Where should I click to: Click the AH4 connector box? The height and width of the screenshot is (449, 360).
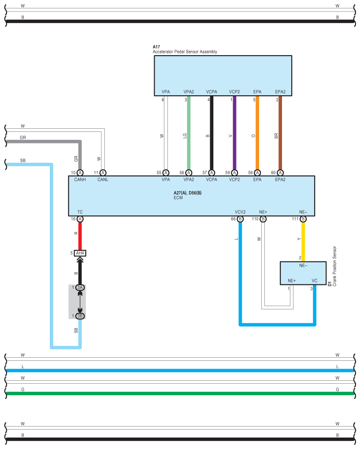pyautogui.click(x=80, y=253)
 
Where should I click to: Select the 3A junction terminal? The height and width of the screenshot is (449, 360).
pyautogui.click(x=80, y=288)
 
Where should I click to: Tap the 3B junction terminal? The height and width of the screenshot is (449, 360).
pyautogui.click(x=80, y=316)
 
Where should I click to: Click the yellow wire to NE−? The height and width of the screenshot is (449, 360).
pyautogui.click(x=303, y=242)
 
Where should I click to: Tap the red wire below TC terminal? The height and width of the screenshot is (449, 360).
pyautogui.click(x=80, y=236)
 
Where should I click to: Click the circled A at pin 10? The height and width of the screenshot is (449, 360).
pyautogui.click(x=80, y=172)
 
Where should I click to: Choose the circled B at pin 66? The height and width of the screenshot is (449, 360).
pyautogui.click(x=241, y=219)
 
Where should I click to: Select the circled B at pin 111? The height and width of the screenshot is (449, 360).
pyautogui.click(x=303, y=219)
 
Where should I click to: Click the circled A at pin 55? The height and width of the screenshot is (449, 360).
pyautogui.click(x=166, y=172)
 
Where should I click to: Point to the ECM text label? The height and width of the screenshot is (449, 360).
pyautogui.click(x=178, y=198)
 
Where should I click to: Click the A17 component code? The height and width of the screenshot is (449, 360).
pyautogui.click(x=156, y=47)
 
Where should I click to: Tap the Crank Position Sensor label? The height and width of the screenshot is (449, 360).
pyautogui.click(x=334, y=266)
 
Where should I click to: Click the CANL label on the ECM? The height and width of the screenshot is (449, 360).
pyautogui.click(x=103, y=180)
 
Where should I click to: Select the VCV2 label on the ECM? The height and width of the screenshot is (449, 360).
pyautogui.click(x=240, y=212)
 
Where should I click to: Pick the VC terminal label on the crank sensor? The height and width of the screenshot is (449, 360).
pyautogui.click(x=315, y=281)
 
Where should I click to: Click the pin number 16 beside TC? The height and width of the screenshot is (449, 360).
pyautogui.click(x=73, y=219)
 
